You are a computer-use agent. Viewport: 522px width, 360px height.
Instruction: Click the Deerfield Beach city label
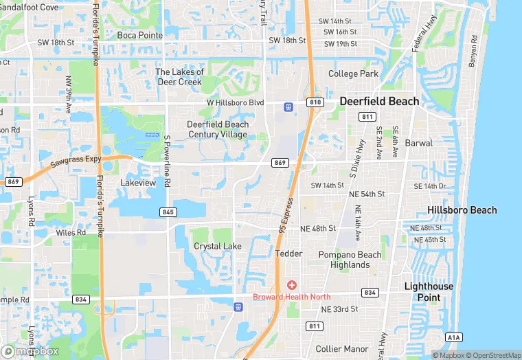[379, 102]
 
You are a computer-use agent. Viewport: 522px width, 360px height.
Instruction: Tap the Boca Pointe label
[139, 35]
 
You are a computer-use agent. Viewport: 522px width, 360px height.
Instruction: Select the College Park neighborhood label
[353, 74]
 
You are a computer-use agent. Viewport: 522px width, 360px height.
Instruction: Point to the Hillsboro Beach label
[462, 210]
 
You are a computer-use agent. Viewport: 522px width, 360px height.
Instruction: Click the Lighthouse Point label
[429, 291]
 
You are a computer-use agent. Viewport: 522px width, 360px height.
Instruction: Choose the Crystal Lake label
[217, 246]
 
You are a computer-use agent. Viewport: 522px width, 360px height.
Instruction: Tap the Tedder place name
[288, 254]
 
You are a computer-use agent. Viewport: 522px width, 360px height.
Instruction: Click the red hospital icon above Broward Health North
[292, 284]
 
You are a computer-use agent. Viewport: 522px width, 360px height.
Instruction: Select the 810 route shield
[315, 102]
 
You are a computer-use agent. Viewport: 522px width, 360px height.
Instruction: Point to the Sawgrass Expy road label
[76, 163]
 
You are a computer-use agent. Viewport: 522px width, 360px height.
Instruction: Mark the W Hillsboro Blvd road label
[235, 102]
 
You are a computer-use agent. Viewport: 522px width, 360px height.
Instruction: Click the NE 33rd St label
[339, 308]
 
